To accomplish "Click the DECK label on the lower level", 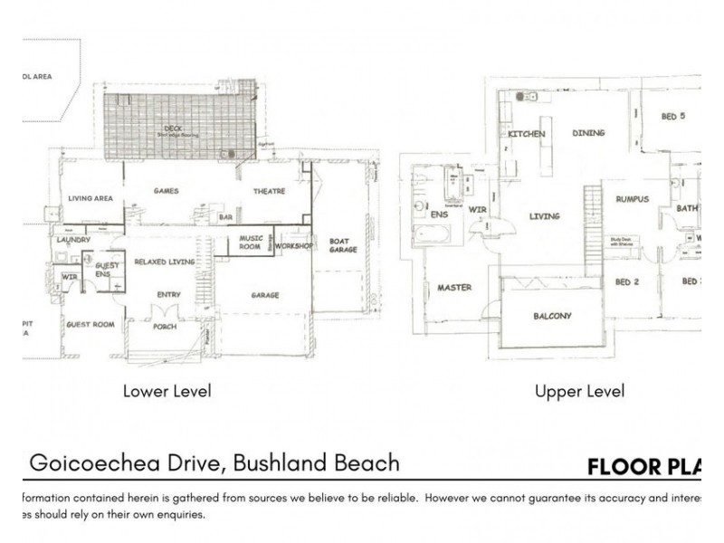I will pyautogui.click(x=173, y=129).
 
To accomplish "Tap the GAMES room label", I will pyautogui.click(x=166, y=191).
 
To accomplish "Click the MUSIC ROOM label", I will pyautogui.click(x=251, y=243).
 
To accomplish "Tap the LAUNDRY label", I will pyautogui.click(x=71, y=240).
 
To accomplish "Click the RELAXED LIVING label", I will pyautogui.click(x=165, y=261).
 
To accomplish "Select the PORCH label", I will pyautogui.click(x=165, y=327).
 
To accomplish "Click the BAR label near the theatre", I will pyautogui.click(x=225, y=217).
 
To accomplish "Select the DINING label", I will pyautogui.click(x=588, y=133).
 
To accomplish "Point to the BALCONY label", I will pyautogui.click(x=552, y=316).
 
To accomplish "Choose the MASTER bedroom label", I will pyautogui.click(x=455, y=289).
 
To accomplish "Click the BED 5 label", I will pyautogui.click(x=673, y=116).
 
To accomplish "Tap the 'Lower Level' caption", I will pyautogui.click(x=167, y=392).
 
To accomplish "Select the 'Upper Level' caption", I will pyautogui.click(x=579, y=392).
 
